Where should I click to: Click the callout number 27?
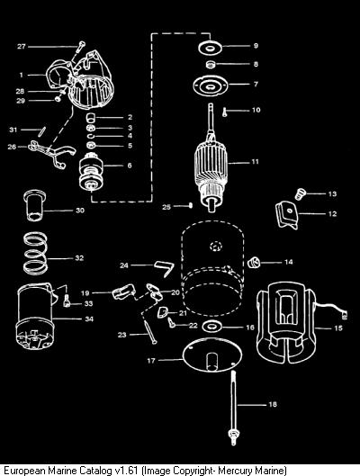pos(22,47)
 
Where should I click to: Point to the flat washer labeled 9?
pos(210,48)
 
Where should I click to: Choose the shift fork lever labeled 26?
pos(51,152)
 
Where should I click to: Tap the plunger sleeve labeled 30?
pos(34,205)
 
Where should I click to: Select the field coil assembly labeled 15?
pos(285,323)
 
